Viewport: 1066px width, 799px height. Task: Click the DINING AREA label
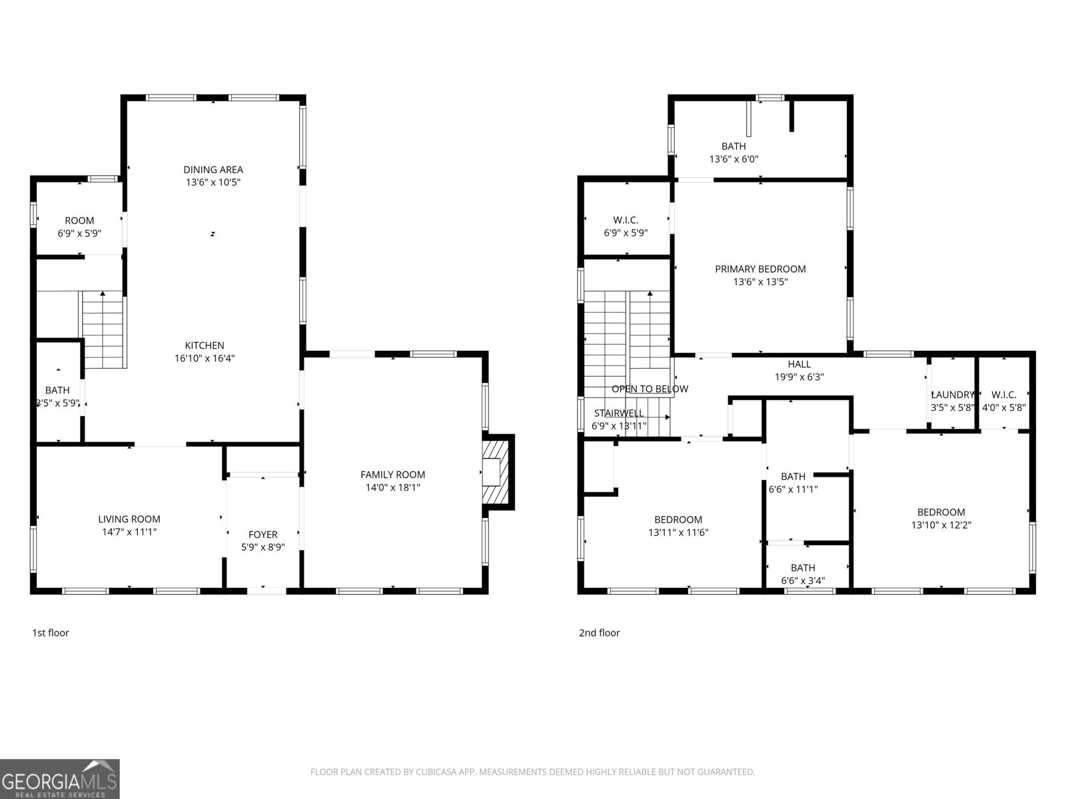213,170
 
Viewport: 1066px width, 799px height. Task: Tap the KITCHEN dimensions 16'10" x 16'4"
205,358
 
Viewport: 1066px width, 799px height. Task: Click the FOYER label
263,535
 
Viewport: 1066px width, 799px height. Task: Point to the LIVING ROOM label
129,519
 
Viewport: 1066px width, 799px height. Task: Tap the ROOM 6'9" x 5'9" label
79,221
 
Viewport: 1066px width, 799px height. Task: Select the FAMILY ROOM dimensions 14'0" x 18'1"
392,487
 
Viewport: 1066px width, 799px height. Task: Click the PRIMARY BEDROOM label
760,269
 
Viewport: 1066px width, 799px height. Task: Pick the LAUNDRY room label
952,395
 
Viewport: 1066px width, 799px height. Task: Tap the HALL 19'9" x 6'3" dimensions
799,377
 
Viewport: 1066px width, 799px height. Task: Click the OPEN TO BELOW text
650,389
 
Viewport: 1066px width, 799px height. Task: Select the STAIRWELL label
619,413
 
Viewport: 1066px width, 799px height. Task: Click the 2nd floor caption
599,633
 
